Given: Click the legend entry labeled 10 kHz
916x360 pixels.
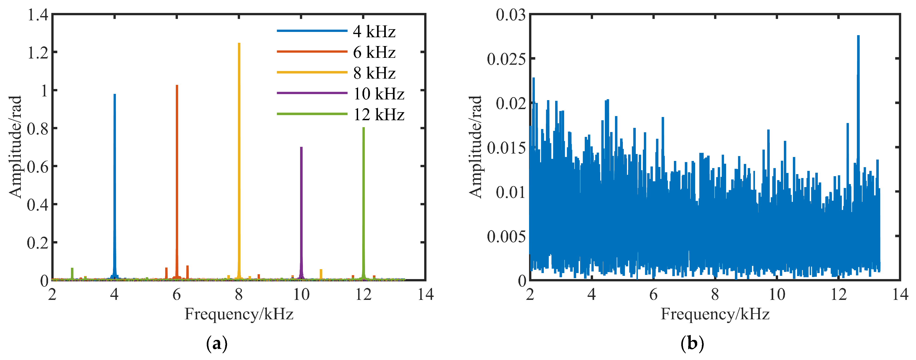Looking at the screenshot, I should pos(378,94).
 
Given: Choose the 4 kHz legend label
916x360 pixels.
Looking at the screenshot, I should pos(374,32).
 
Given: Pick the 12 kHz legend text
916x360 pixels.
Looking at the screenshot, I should pos(378,114).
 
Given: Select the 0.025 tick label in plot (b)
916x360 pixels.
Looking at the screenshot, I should pos(506,59).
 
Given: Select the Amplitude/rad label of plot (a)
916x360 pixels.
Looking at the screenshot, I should pos(16,147).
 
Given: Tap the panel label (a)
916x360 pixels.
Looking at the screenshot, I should pos(216,344).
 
